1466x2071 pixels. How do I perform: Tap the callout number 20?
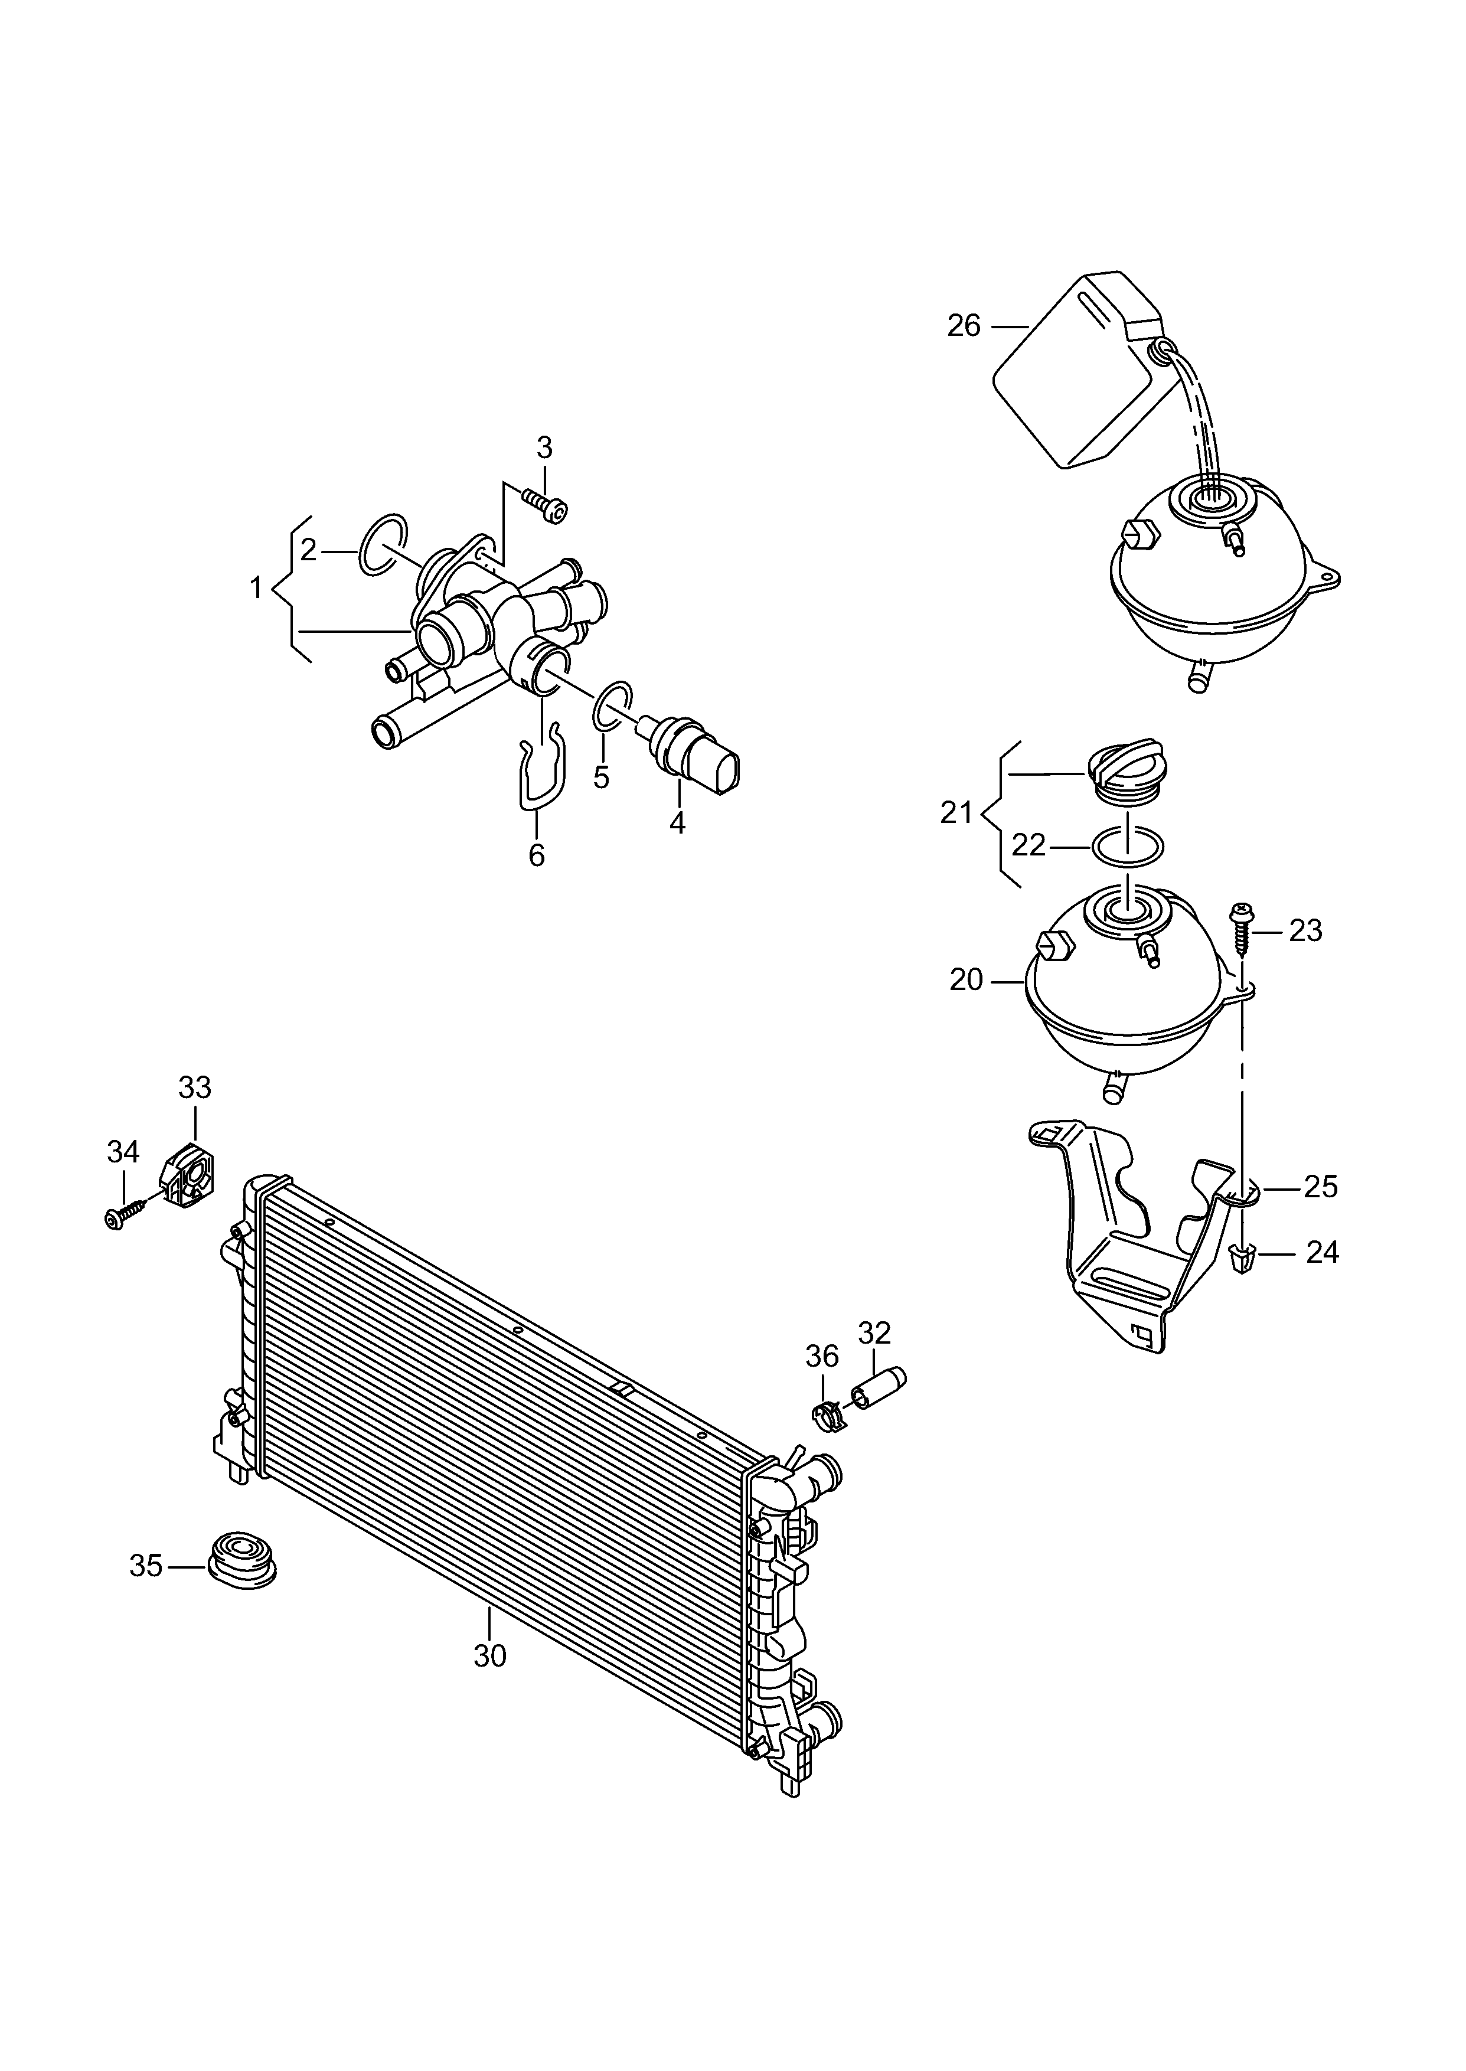[x=966, y=980]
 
